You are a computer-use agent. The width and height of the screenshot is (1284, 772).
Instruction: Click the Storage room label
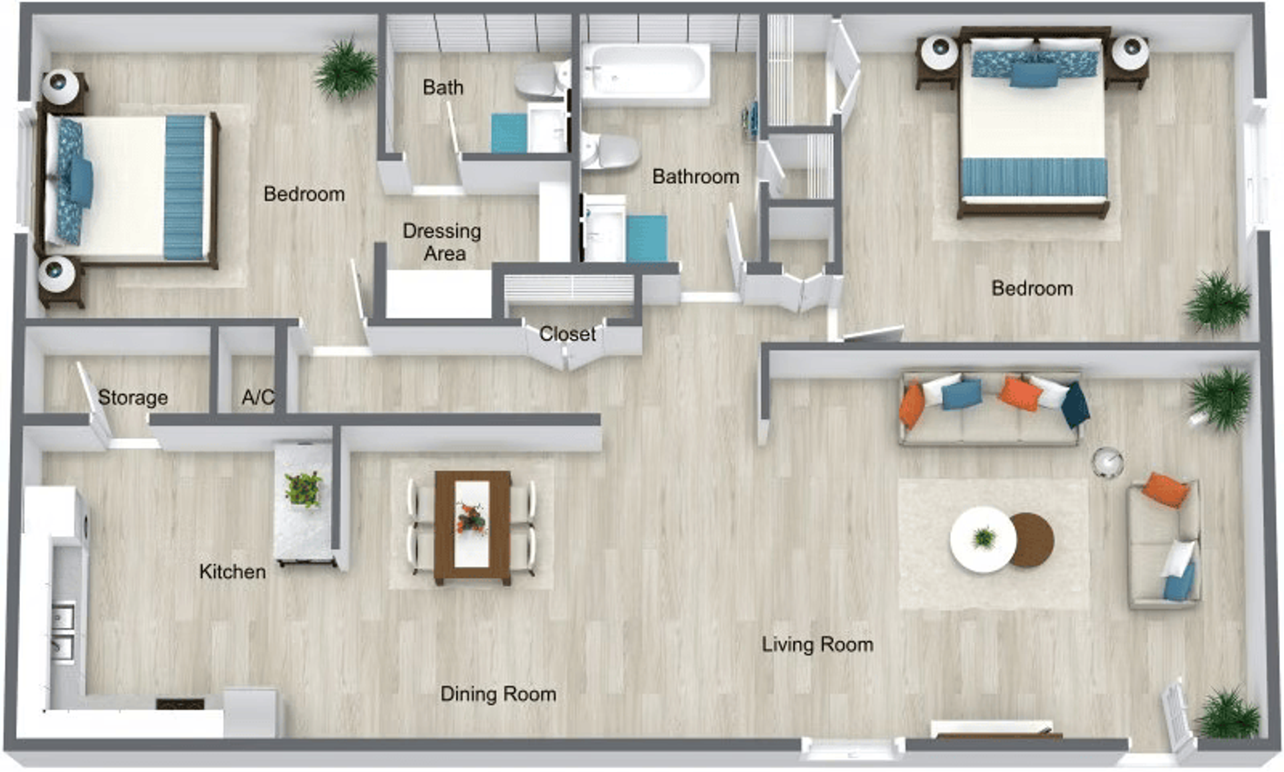click(132, 397)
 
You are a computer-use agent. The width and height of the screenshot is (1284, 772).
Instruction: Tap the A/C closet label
click(257, 397)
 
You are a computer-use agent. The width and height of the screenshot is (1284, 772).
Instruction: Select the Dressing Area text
click(442, 242)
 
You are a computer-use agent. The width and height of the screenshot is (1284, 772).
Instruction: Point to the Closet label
click(567, 333)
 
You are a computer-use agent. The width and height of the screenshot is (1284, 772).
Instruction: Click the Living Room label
click(817, 644)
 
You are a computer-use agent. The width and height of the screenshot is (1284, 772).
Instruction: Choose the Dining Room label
click(498, 694)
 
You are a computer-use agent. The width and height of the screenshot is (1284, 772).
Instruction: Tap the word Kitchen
click(232, 571)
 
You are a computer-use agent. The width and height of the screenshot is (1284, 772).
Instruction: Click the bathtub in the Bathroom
click(645, 72)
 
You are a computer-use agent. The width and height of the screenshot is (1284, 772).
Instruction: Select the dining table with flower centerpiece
click(472, 526)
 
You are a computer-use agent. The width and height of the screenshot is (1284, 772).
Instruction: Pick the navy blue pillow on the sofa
click(1075, 404)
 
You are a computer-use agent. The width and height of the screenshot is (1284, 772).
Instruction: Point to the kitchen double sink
click(64, 631)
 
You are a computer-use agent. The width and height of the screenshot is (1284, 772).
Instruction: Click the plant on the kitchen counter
click(303, 488)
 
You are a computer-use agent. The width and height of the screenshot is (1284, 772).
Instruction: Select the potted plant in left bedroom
click(346, 68)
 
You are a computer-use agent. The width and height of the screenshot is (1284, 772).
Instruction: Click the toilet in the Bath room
click(540, 80)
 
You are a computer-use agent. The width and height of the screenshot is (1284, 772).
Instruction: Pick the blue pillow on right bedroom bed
click(1034, 74)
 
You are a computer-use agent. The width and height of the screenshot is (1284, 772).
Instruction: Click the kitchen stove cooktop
click(180, 704)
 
